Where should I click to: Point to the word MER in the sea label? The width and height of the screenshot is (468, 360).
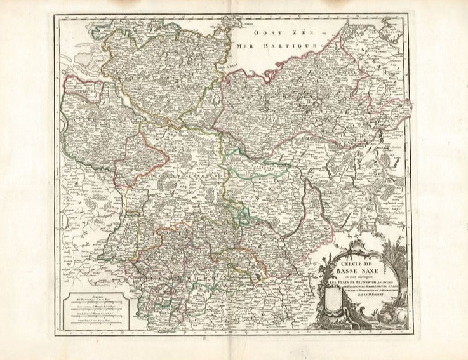(243, 46)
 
